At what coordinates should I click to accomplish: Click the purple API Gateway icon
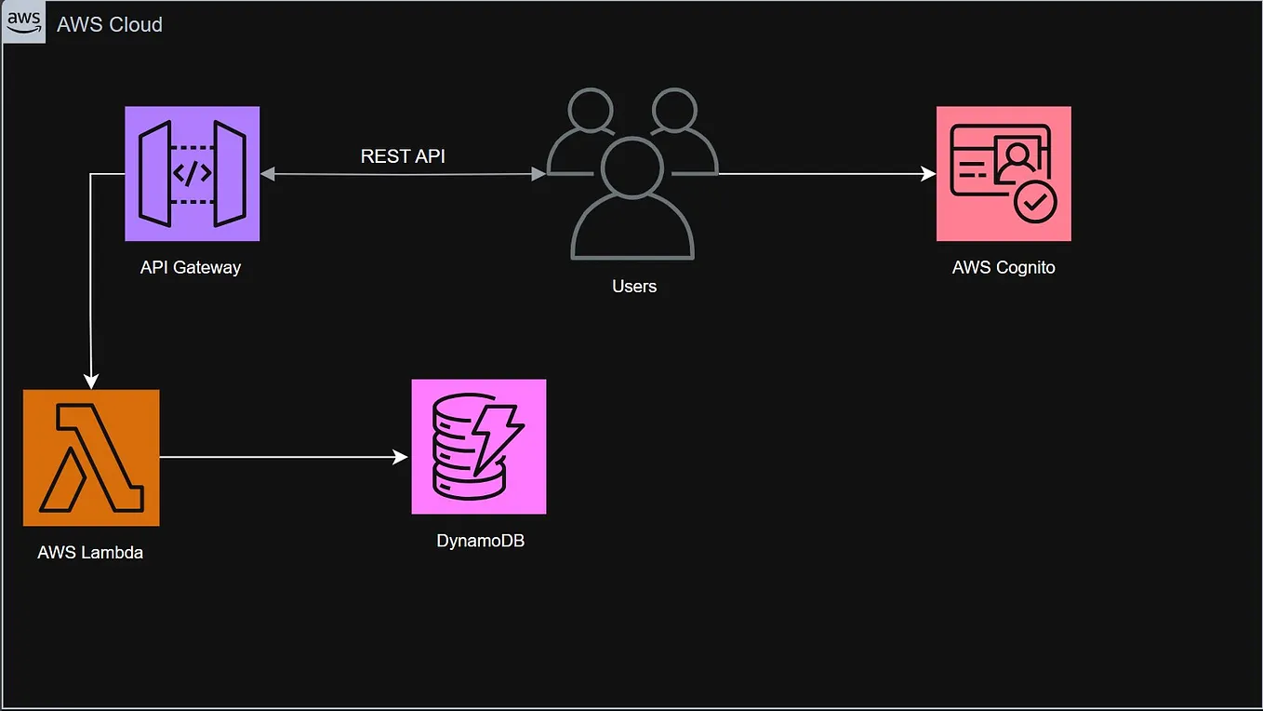pyautogui.click(x=193, y=173)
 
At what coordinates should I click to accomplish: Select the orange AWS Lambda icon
pyautogui.click(x=91, y=458)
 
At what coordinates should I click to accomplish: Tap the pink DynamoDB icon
pyautogui.click(x=479, y=447)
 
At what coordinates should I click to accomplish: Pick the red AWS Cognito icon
pyautogui.click(x=1004, y=173)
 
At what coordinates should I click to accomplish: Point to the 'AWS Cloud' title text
pyautogui.click(x=110, y=25)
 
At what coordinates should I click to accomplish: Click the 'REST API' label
pyautogui.click(x=403, y=156)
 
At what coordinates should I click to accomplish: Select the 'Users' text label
pyautogui.click(x=634, y=287)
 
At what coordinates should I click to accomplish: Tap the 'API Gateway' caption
pyautogui.click(x=191, y=268)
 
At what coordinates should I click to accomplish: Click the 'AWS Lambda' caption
pyautogui.click(x=90, y=553)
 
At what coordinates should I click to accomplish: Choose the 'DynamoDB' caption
pyautogui.click(x=480, y=541)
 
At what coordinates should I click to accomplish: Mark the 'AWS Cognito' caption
pyautogui.click(x=1004, y=268)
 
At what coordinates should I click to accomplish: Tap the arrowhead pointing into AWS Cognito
pyautogui.click(x=928, y=174)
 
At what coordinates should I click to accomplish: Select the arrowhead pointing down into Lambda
pyautogui.click(x=91, y=380)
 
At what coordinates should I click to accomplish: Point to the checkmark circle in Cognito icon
pyautogui.click(x=1035, y=201)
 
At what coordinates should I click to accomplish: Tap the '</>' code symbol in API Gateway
pyautogui.click(x=193, y=174)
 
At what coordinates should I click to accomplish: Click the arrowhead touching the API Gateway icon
pyautogui.click(x=268, y=174)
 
